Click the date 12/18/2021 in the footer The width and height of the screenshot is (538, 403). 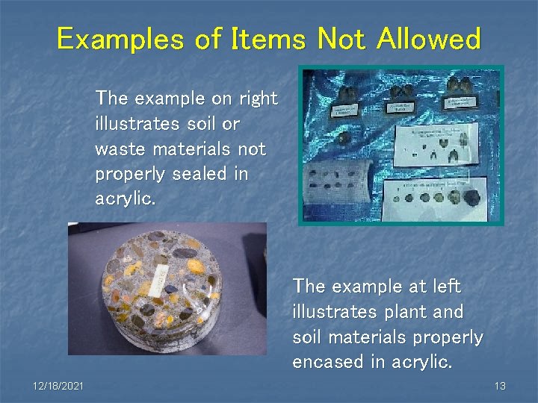pyautogui.click(x=58, y=385)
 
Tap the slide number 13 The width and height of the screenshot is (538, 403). pyautogui.click(x=500, y=385)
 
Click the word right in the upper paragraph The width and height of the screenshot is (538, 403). pyautogui.click(x=259, y=99)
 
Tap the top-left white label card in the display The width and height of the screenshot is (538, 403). pyautogui.click(x=349, y=113)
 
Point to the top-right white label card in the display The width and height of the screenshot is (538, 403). pyautogui.click(x=464, y=104)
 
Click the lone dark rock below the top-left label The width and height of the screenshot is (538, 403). pyautogui.click(x=343, y=138)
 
